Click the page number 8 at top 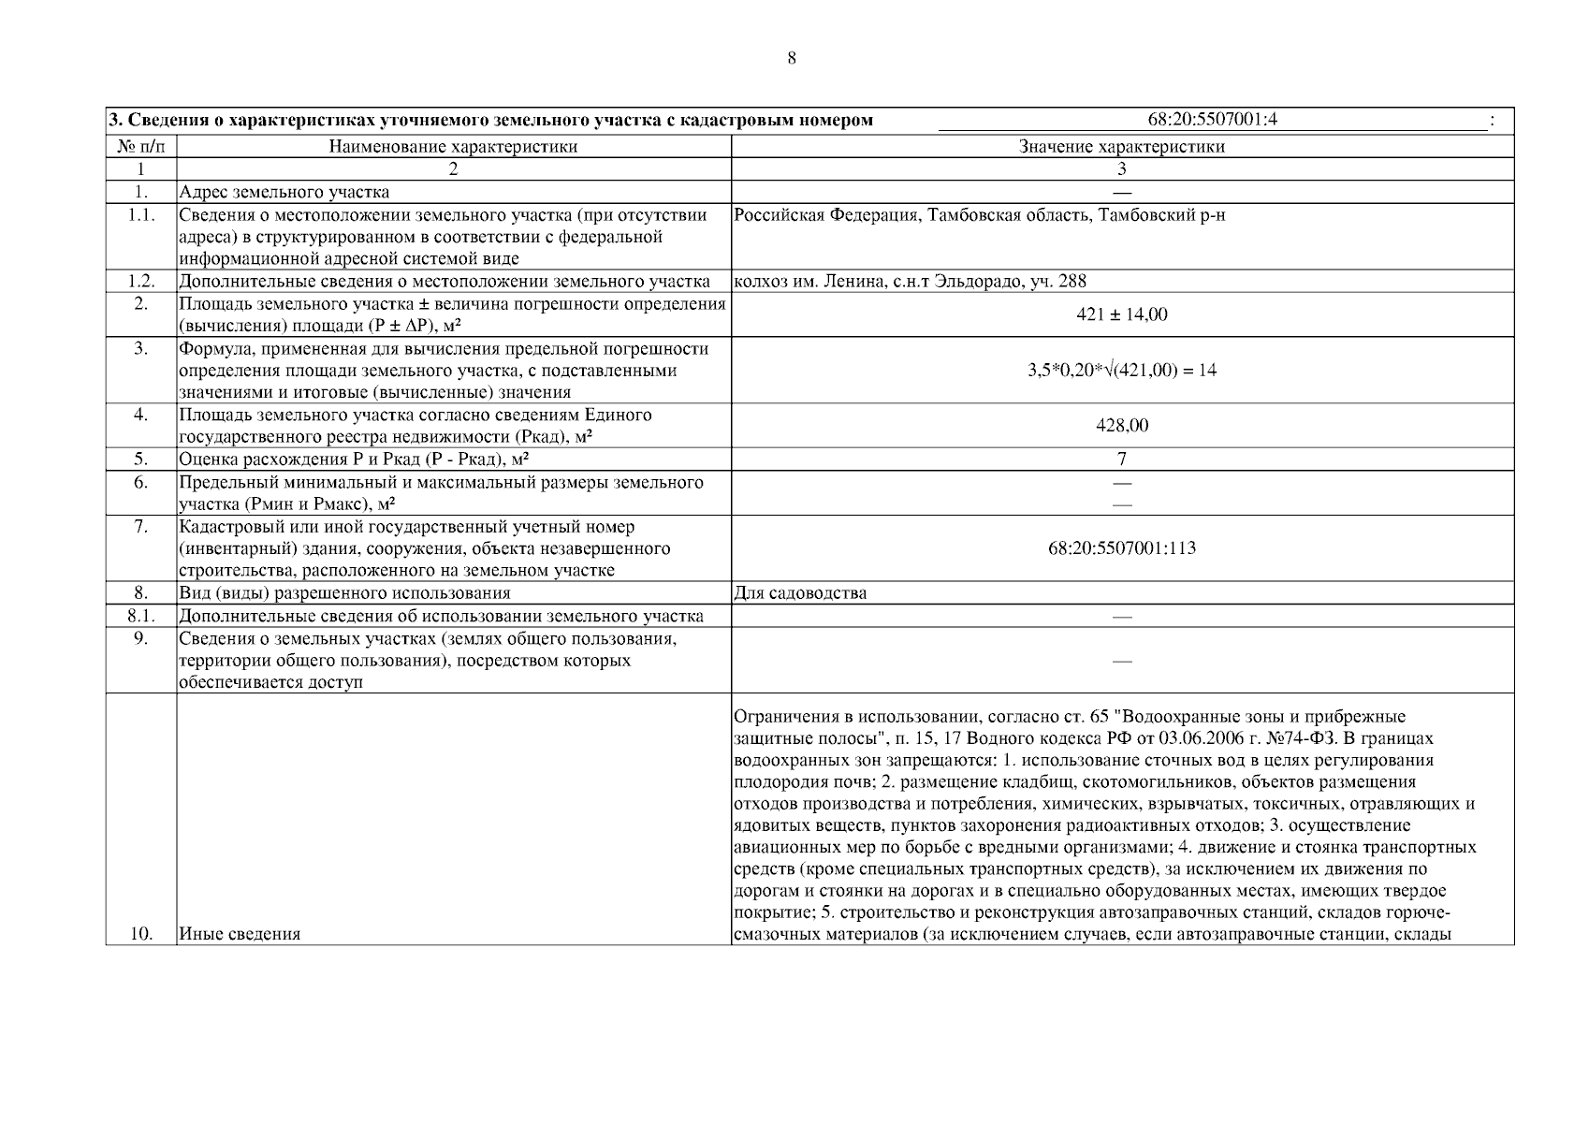792,59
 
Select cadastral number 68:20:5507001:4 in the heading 1212,120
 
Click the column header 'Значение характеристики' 1121,146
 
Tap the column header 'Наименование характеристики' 453,146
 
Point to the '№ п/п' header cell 140,146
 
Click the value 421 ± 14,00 1121,314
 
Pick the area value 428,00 1121,426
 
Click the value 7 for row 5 1121,459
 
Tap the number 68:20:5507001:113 1121,548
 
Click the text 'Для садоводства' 800,593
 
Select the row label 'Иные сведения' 240,934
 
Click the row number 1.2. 140,281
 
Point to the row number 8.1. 140,616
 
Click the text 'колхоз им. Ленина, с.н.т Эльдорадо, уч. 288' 910,281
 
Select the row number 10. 140,934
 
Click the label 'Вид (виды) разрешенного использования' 344,593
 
